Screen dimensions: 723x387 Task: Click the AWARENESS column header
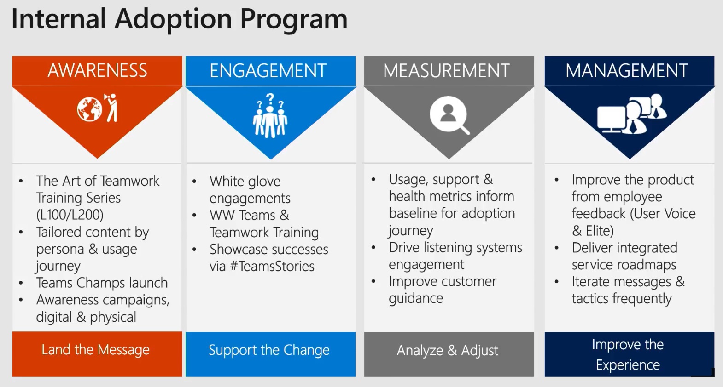[x=97, y=70]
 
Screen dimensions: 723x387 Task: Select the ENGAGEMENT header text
[x=268, y=71]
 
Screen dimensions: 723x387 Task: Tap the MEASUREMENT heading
[x=446, y=71]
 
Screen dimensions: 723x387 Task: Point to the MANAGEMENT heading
[x=627, y=71]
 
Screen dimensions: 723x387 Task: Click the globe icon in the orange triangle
[x=89, y=109]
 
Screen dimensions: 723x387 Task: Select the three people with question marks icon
[x=270, y=116]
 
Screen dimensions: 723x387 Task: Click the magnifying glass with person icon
[x=449, y=115]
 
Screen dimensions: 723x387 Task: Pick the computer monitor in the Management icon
[x=611, y=119]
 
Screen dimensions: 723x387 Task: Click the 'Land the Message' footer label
[x=95, y=350]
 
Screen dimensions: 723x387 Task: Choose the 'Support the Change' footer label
[x=269, y=350]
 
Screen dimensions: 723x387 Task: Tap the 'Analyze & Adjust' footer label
[x=447, y=350]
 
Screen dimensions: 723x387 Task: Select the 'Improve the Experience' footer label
[x=628, y=354]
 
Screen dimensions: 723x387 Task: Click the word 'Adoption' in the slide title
[x=173, y=19]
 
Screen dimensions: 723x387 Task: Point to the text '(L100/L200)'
[x=70, y=215]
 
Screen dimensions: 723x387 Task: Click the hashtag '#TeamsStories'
[x=272, y=267]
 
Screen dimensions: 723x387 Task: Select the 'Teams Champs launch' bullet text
[x=102, y=283]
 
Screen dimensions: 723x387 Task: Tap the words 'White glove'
[x=245, y=182]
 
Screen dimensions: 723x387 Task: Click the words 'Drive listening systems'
[x=455, y=247]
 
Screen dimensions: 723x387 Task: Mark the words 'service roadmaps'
[x=624, y=265]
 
